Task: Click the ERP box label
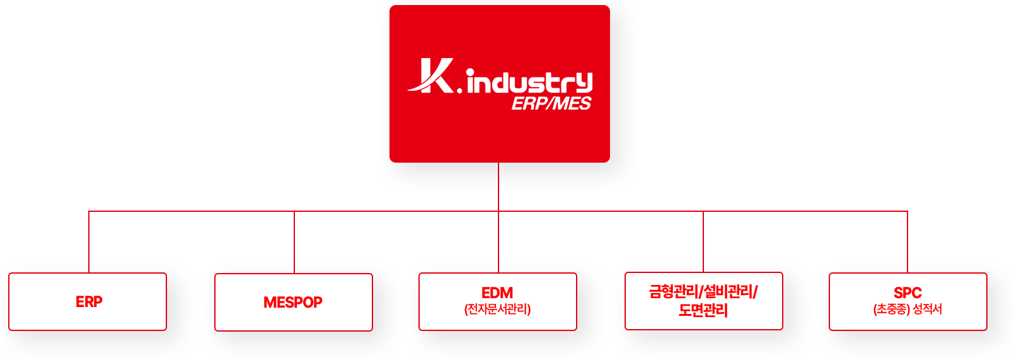89,302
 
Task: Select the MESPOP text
292,303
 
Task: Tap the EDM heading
497,293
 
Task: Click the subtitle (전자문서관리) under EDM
497,310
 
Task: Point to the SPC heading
907,293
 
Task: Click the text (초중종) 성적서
907,310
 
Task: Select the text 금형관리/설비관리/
703,292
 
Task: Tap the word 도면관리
703,310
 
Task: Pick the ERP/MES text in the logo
551,104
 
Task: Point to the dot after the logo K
459,90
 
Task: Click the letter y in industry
584,83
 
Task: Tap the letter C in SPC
916,293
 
